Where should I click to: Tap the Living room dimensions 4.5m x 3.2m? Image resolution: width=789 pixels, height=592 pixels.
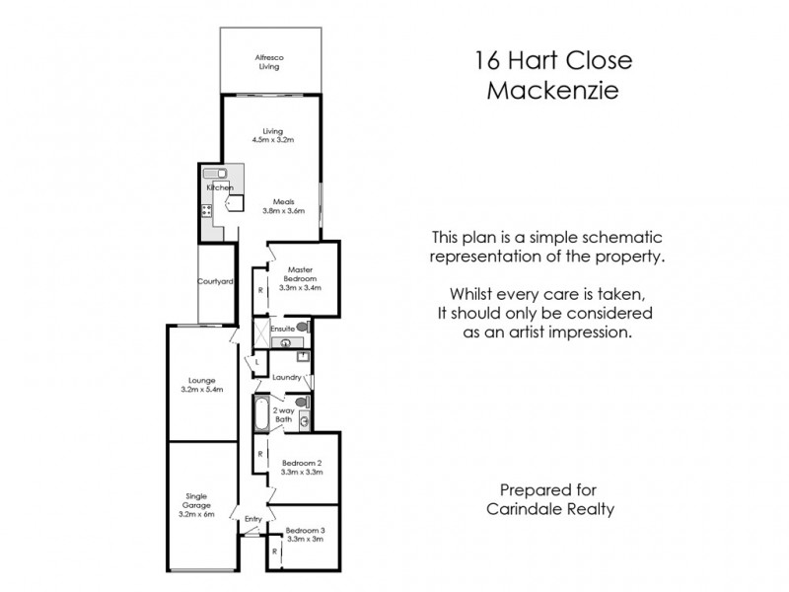point(273,140)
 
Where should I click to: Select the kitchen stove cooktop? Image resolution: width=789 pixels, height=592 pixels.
point(207,210)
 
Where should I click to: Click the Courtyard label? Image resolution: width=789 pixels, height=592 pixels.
point(215,281)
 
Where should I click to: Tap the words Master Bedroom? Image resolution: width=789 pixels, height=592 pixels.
point(300,273)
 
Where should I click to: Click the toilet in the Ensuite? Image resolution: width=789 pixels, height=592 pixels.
point(302,327)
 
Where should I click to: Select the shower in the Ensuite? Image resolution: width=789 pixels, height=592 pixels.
point(257,332)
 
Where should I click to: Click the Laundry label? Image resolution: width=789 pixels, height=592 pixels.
point(286,377)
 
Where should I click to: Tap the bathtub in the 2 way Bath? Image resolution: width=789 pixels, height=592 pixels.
point(260,414)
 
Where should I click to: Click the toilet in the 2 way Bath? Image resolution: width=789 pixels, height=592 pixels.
point(304,402)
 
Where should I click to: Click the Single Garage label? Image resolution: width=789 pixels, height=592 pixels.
point(201,502)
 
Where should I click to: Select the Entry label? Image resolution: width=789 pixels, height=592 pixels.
point(252,518)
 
